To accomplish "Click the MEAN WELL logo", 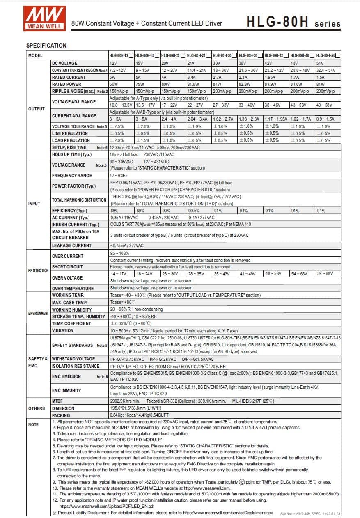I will click(44, 18).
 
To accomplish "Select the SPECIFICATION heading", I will click(46, 45).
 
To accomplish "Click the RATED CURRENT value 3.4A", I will click(191, 77).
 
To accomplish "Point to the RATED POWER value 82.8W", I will click(245, 84).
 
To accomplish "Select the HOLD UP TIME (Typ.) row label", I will click(72, 154).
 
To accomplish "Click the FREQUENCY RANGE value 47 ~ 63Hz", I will click(119, 176).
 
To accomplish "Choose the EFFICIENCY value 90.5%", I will click(194, 211).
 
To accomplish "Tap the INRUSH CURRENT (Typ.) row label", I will click(76, 225).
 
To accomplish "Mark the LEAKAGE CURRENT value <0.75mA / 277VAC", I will click(127, 245).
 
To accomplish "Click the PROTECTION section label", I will click(38, 270).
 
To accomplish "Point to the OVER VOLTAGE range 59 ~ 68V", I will click(325, 273).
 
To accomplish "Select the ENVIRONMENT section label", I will click(38, 313).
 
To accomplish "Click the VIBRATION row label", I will click(63, 330).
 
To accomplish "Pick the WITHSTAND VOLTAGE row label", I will click(73, 359).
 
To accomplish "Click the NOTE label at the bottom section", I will click(33, 424).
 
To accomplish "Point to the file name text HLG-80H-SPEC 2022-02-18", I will click(310, 513).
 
